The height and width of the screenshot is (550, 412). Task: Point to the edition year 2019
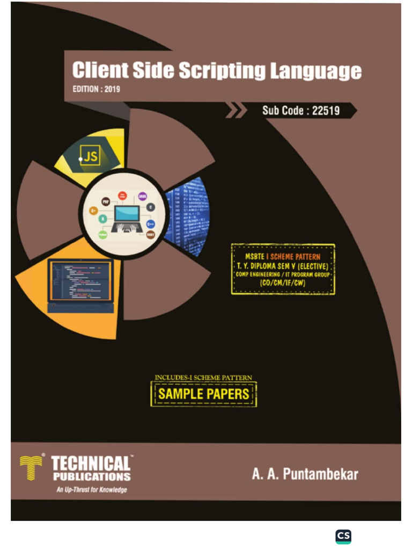coord(111,89)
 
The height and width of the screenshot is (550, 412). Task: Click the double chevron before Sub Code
coord(236,111)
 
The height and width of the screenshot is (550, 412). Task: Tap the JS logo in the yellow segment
coord(90,156)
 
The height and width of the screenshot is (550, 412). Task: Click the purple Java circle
coord(143,197)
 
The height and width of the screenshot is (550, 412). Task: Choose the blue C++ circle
coord(151,223)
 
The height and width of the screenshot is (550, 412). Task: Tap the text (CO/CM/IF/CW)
coord(283,283)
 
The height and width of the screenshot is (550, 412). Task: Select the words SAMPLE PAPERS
coord(203,394)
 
